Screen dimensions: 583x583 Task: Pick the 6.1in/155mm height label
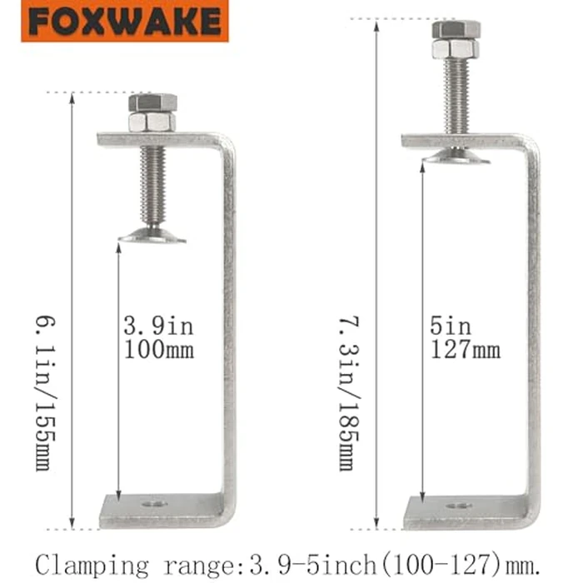pos(43,391)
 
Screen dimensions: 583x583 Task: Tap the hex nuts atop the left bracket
pos(152,112)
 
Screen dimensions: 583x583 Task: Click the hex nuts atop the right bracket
pos(456,39)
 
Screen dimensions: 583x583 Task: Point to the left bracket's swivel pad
pos(152,237)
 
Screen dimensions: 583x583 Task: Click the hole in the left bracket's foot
pos(152,504)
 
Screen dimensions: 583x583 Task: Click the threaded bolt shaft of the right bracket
pos(456,96)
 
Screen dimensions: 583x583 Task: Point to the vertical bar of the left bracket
pos(227,333)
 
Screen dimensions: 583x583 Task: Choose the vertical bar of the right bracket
pos(531,333)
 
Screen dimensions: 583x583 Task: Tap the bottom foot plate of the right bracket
pos(466,513)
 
